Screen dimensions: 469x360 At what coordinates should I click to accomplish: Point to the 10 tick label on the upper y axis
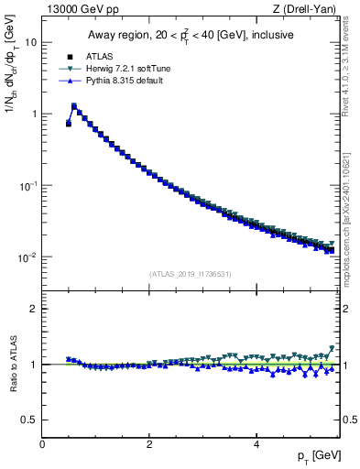(31, 42)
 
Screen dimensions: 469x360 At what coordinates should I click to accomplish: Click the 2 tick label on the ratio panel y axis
(34, 309)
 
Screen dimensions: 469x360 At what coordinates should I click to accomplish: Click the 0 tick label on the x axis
(42, 443)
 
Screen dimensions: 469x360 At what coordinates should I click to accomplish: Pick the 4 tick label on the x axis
(256, 443)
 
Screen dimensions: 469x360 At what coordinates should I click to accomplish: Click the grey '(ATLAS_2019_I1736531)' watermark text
(191, 274)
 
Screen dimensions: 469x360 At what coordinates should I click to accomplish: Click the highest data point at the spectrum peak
(74, 106)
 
